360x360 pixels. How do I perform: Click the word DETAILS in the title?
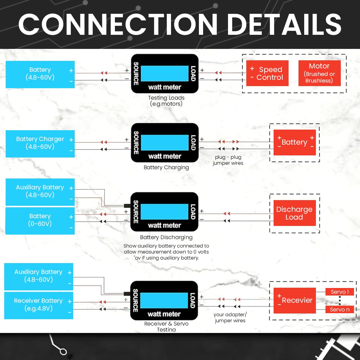(x=284, y=25)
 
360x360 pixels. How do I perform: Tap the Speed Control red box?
(x=267, y=73)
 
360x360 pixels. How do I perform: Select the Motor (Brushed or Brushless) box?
(x=319, y=73)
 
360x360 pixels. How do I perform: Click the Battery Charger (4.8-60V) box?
(x=40, y=143)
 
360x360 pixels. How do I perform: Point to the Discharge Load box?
(x=294, y=213)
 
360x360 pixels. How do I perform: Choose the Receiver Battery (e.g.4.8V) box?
(x=38, y=305)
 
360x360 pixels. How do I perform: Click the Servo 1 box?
(x=340, y=292)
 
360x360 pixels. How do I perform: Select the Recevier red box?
(x=294, y=300)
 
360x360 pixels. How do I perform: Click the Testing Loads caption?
(x=166, y=101)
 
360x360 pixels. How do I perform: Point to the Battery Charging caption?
(x=166, y=167)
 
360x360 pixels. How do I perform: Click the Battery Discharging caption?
(x=166, y=237)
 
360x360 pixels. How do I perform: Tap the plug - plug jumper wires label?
(x=228, y=160)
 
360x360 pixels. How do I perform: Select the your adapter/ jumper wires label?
(x=230, y=317)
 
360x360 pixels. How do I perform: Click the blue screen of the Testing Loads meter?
(x=164, y=73)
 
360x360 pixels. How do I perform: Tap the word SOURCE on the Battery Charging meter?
(x=136, y=143)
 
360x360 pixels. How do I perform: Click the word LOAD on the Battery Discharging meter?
(x=193, y=212)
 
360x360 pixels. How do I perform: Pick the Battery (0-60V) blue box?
(x=40, y=220)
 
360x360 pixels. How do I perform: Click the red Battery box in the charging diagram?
(x=294, y=142)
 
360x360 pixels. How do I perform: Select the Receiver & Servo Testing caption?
(x=166, y=327)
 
